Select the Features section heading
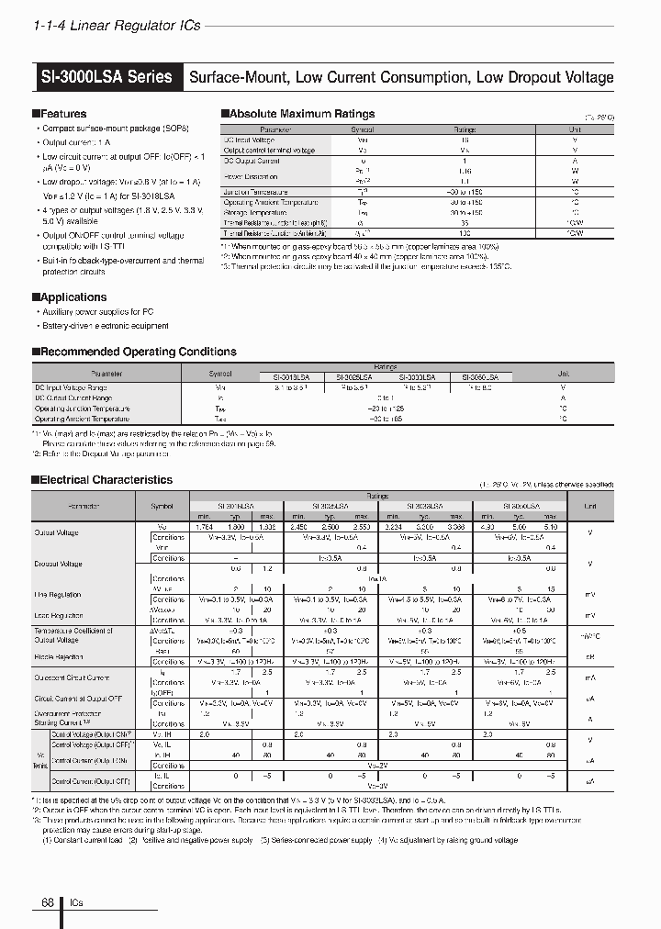point(63,114)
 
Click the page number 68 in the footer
point(48,903)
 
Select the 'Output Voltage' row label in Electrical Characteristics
point(57,532)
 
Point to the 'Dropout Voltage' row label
point(59,564)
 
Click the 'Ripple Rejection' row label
point(59,656)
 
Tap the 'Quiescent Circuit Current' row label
point(73,677)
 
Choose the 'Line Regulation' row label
point(59,595)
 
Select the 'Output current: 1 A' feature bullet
point(76,143)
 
